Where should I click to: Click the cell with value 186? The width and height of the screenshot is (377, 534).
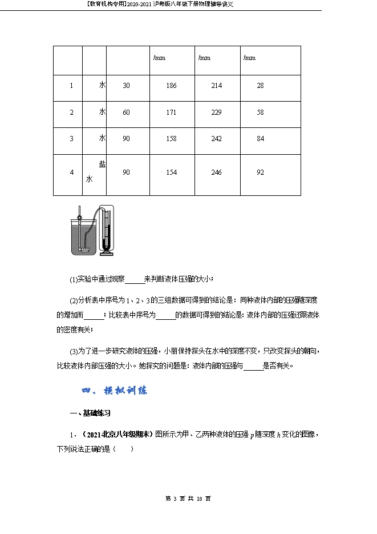click(x=171, y=86)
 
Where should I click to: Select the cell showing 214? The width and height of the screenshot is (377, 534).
click(x=216, y=86)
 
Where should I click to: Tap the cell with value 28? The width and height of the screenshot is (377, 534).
click(x=260, y=86)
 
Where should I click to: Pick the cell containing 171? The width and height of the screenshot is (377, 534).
click(x=171, y=113)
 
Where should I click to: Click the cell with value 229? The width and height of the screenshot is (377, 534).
click(x=216, y=113)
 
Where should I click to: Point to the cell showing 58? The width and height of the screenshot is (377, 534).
click(x=260, y=113)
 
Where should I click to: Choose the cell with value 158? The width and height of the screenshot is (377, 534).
click(x=171, y=139)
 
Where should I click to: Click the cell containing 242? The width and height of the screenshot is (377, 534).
click(x=216, y=139)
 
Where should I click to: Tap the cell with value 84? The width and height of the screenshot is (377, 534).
click(x=260, y=139)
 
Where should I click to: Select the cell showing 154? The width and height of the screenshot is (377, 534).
click(x=171, y=172)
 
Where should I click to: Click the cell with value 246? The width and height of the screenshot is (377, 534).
click(x=216, y=172)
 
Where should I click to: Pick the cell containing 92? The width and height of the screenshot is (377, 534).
click(x=260, y=172)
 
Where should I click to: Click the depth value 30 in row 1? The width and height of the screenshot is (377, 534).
click(x=127, y=86)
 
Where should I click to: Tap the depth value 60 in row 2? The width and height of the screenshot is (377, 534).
click(x=127, y=113)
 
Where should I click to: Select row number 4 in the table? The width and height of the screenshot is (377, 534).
click(x=71, y=172)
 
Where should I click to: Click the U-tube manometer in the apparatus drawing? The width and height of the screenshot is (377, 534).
click(x=107, y=229)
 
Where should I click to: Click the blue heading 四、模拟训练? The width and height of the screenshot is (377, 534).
click(x=115, y=391)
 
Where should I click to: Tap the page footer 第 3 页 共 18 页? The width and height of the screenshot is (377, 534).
click(x=188, y=499)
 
